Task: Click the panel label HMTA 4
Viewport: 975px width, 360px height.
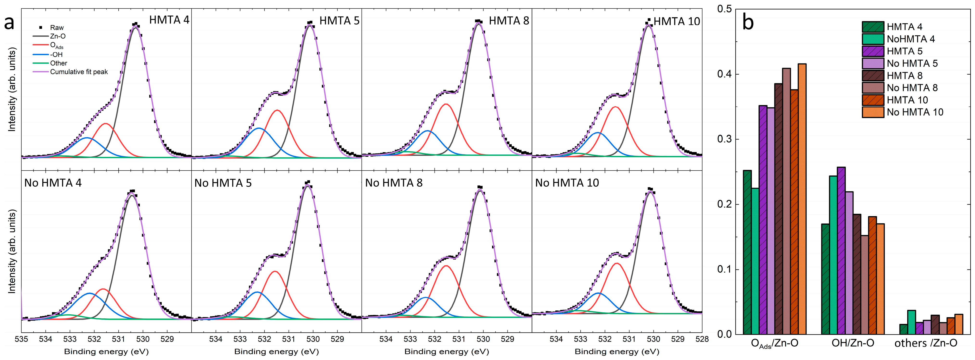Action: click(169, 20)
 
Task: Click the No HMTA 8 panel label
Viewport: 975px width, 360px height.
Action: click(394, 183)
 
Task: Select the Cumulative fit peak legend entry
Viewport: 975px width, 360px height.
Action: click(79, 72)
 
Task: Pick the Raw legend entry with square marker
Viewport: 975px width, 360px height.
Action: click(57, 28)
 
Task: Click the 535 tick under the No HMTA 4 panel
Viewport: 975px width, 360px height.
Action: click(22, 339)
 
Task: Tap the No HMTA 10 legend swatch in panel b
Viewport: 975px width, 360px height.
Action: click(873, 112)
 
